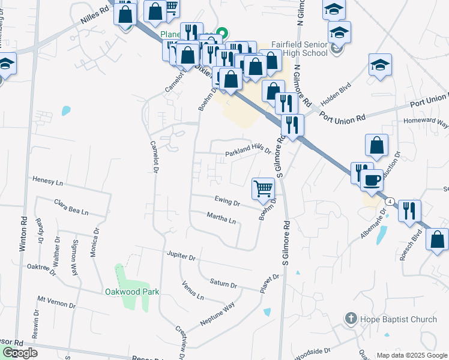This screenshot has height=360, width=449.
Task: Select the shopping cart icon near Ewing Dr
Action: pyautogui.click(x=264, y=189)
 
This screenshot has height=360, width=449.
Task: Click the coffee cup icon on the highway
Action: pyautogui.click(x=372, y=179)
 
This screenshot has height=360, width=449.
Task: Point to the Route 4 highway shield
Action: pyautogui.click(x=390, y=202)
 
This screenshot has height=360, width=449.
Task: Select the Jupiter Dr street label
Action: pyautogui.click(x=181, y=257)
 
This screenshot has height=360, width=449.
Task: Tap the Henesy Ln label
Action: pyautogui.click(x=47, y=181)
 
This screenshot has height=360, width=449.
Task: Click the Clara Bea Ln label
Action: pyautogui.click(x=71, y=208)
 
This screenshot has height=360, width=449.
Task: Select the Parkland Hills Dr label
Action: pyautogui.click(x=248, y=151)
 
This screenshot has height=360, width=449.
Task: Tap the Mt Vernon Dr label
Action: pyautogui.click(x=56, y=302)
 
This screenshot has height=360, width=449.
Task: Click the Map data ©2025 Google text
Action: pyautogui.click(x=412, y=355)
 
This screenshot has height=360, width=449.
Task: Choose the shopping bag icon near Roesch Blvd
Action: pyautogui.click(x=436, y=239)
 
